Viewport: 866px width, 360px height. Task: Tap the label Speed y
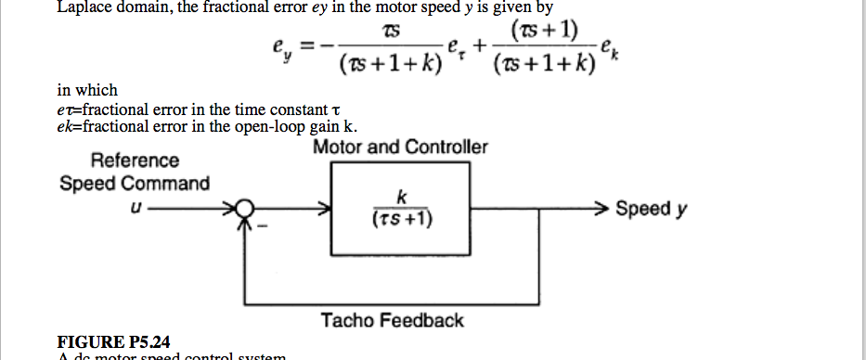[x=652, y=208]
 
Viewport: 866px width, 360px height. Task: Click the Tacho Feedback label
[x=392, y=321]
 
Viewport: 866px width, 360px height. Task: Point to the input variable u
[x=136, y=209]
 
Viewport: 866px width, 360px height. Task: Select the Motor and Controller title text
[x=400, y=148]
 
